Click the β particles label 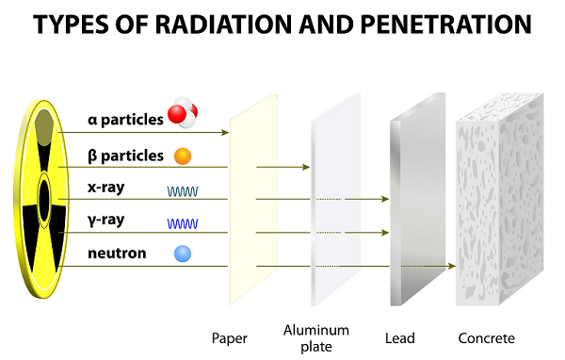pyautogui.click(x=124, y=155)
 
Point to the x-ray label pyautogui.click(x=105, y=188)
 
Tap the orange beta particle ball pyautogui.click(x=183, y=155)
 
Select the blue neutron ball pyautogui.click(x=183, y=254)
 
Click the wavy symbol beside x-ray pyautogui.click(x=183, y=191)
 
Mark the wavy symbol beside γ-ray pyautogui.click(x=183, y=224)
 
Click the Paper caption pyautogui.click(x=230, y=337)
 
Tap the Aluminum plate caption pyautogui.click(x=315, y=336)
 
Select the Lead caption pyautogui.click(x=401, y=337)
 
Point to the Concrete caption pyautogui.click(x=486, y=337)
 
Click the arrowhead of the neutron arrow pyautogui.click(x=452, y=266)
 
